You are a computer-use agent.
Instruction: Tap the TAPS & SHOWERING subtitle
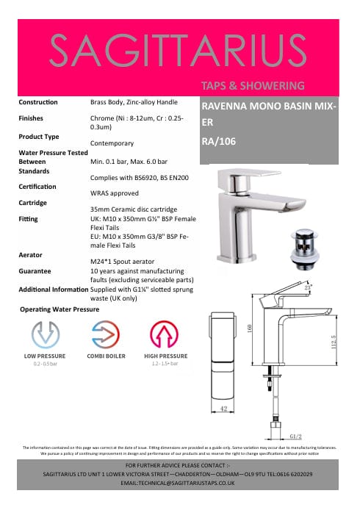252,85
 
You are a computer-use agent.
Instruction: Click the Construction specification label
38,102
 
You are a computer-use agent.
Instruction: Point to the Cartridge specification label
33,203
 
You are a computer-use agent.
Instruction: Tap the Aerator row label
30,254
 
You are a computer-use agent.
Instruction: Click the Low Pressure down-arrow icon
46,335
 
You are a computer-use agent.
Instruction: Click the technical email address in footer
179,484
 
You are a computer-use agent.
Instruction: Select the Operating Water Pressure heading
59,309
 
